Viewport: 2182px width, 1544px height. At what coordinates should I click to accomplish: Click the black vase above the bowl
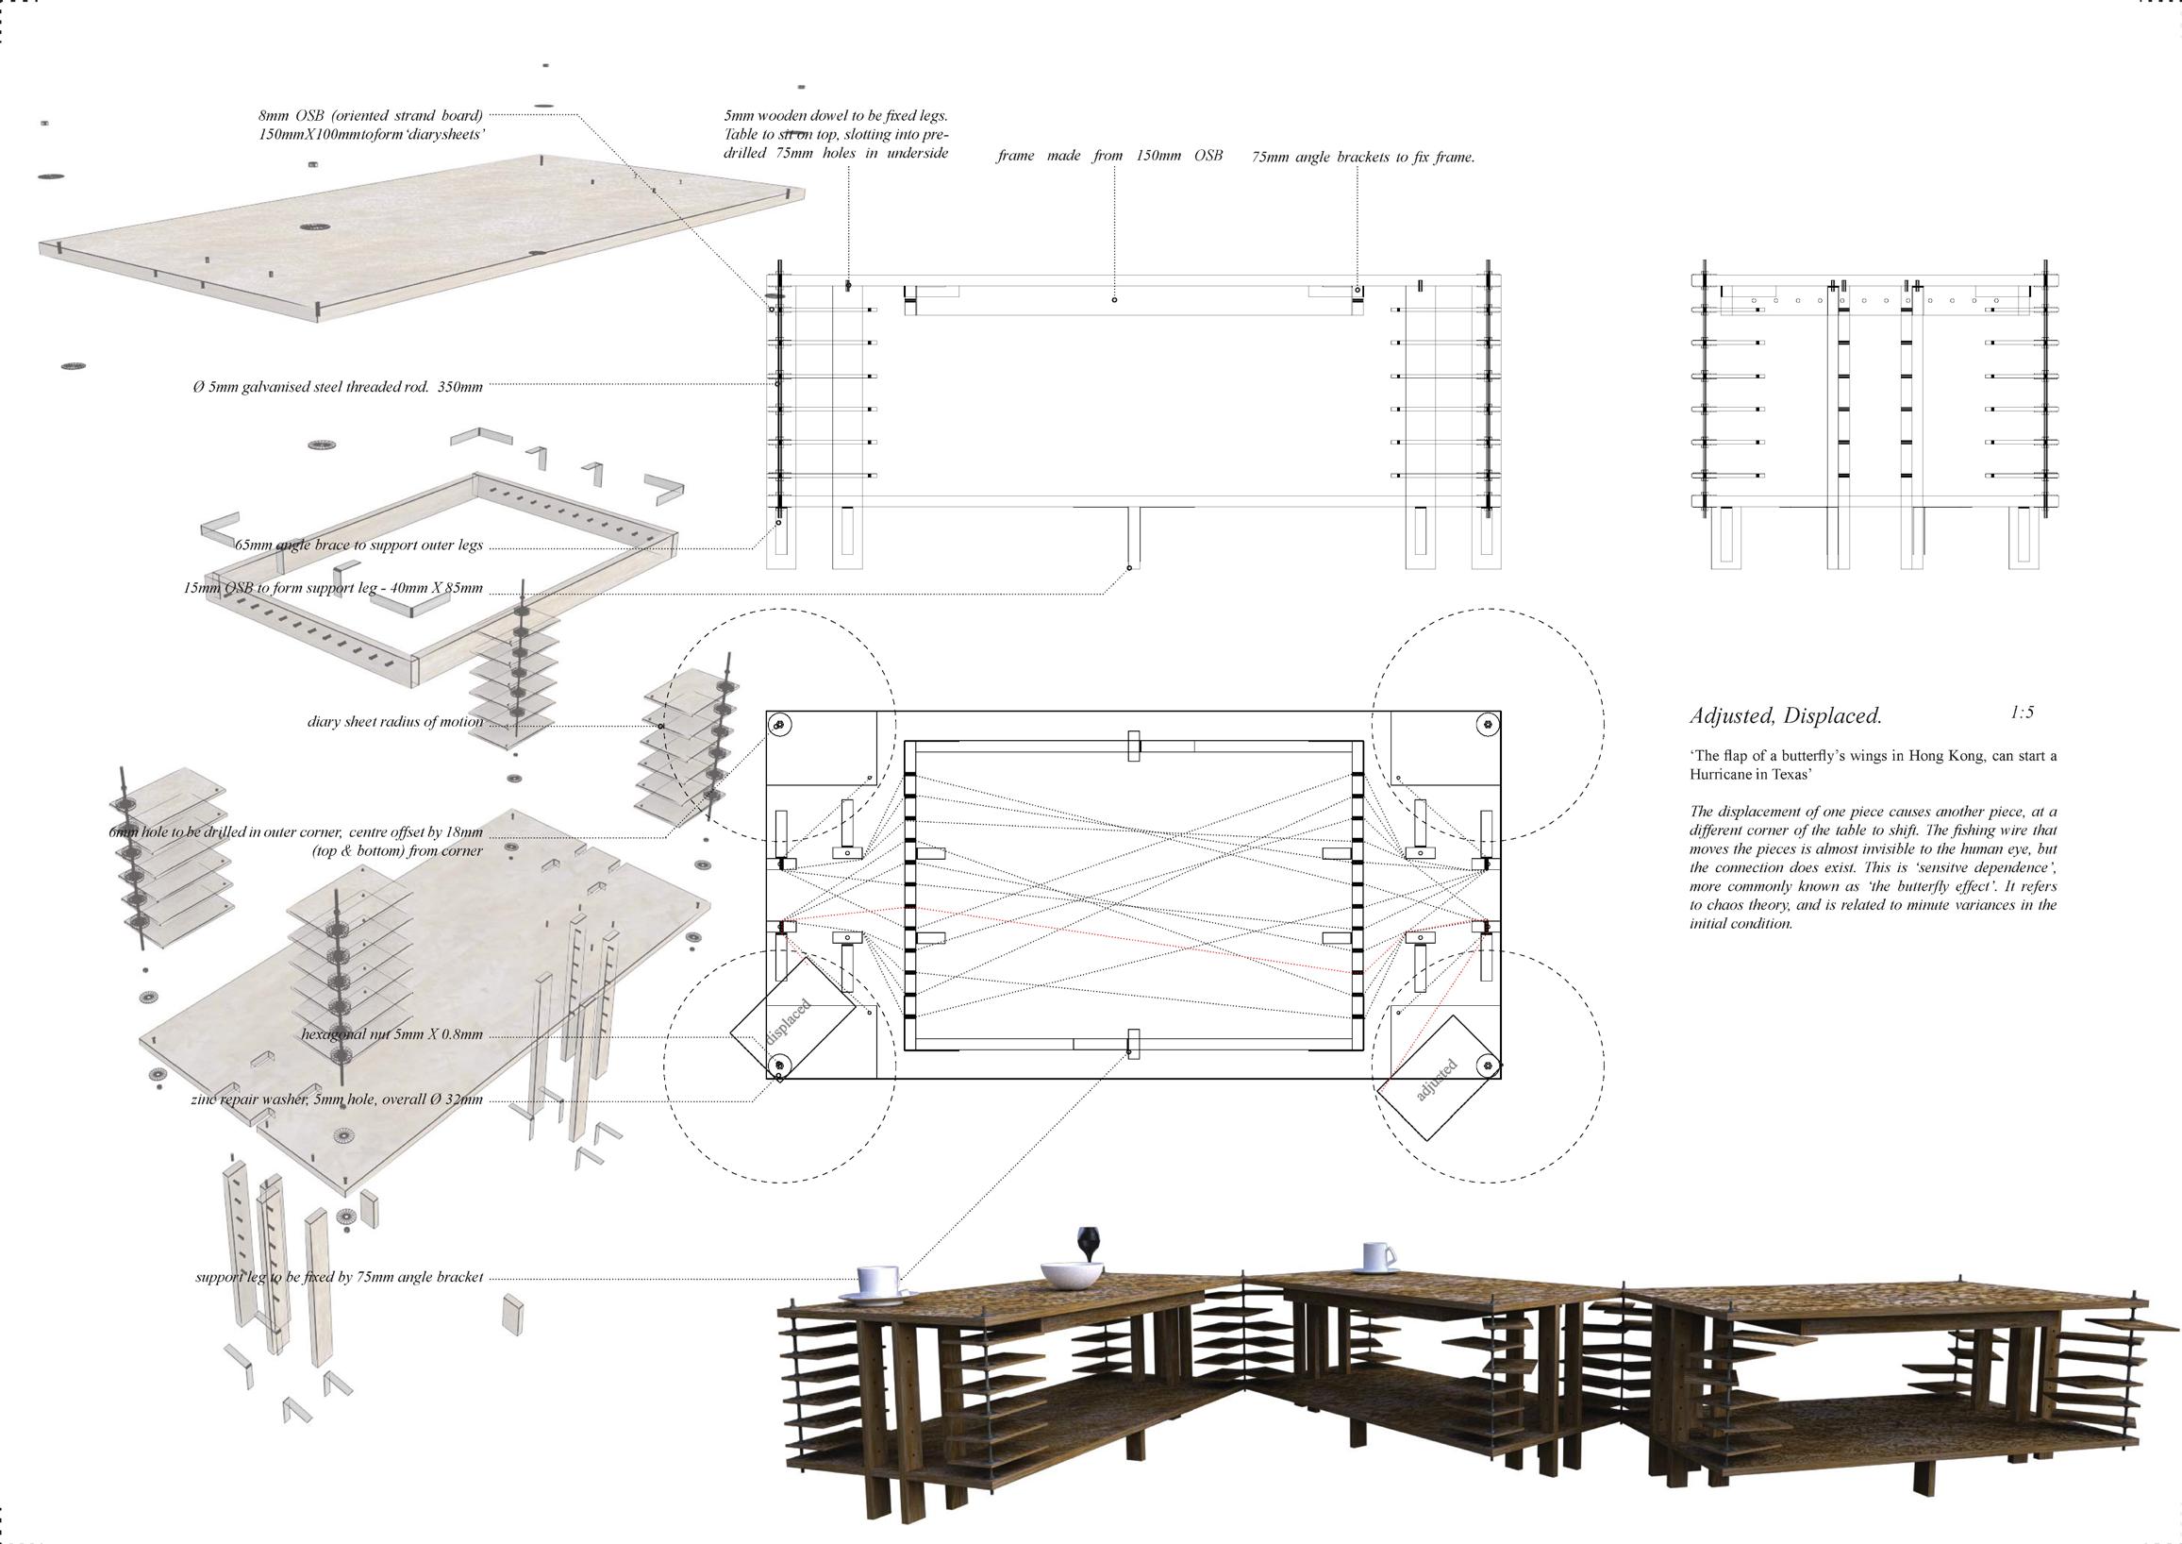pos(1085,1242)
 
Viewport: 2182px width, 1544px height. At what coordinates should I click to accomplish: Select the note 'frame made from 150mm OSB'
pos(1109,156)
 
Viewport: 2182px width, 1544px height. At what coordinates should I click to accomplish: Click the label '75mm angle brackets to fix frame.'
pos(1363,158)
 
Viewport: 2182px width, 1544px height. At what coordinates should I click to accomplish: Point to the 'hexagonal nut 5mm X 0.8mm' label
pos(391,1034)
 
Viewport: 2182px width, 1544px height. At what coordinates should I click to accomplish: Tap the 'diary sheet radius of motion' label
pos(394,722)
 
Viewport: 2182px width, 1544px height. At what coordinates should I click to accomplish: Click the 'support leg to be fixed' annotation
pos(340,1277)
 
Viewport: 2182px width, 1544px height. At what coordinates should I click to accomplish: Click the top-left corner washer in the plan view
pos(779,726)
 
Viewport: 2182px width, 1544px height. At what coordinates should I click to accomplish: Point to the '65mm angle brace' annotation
pos(358,545)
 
